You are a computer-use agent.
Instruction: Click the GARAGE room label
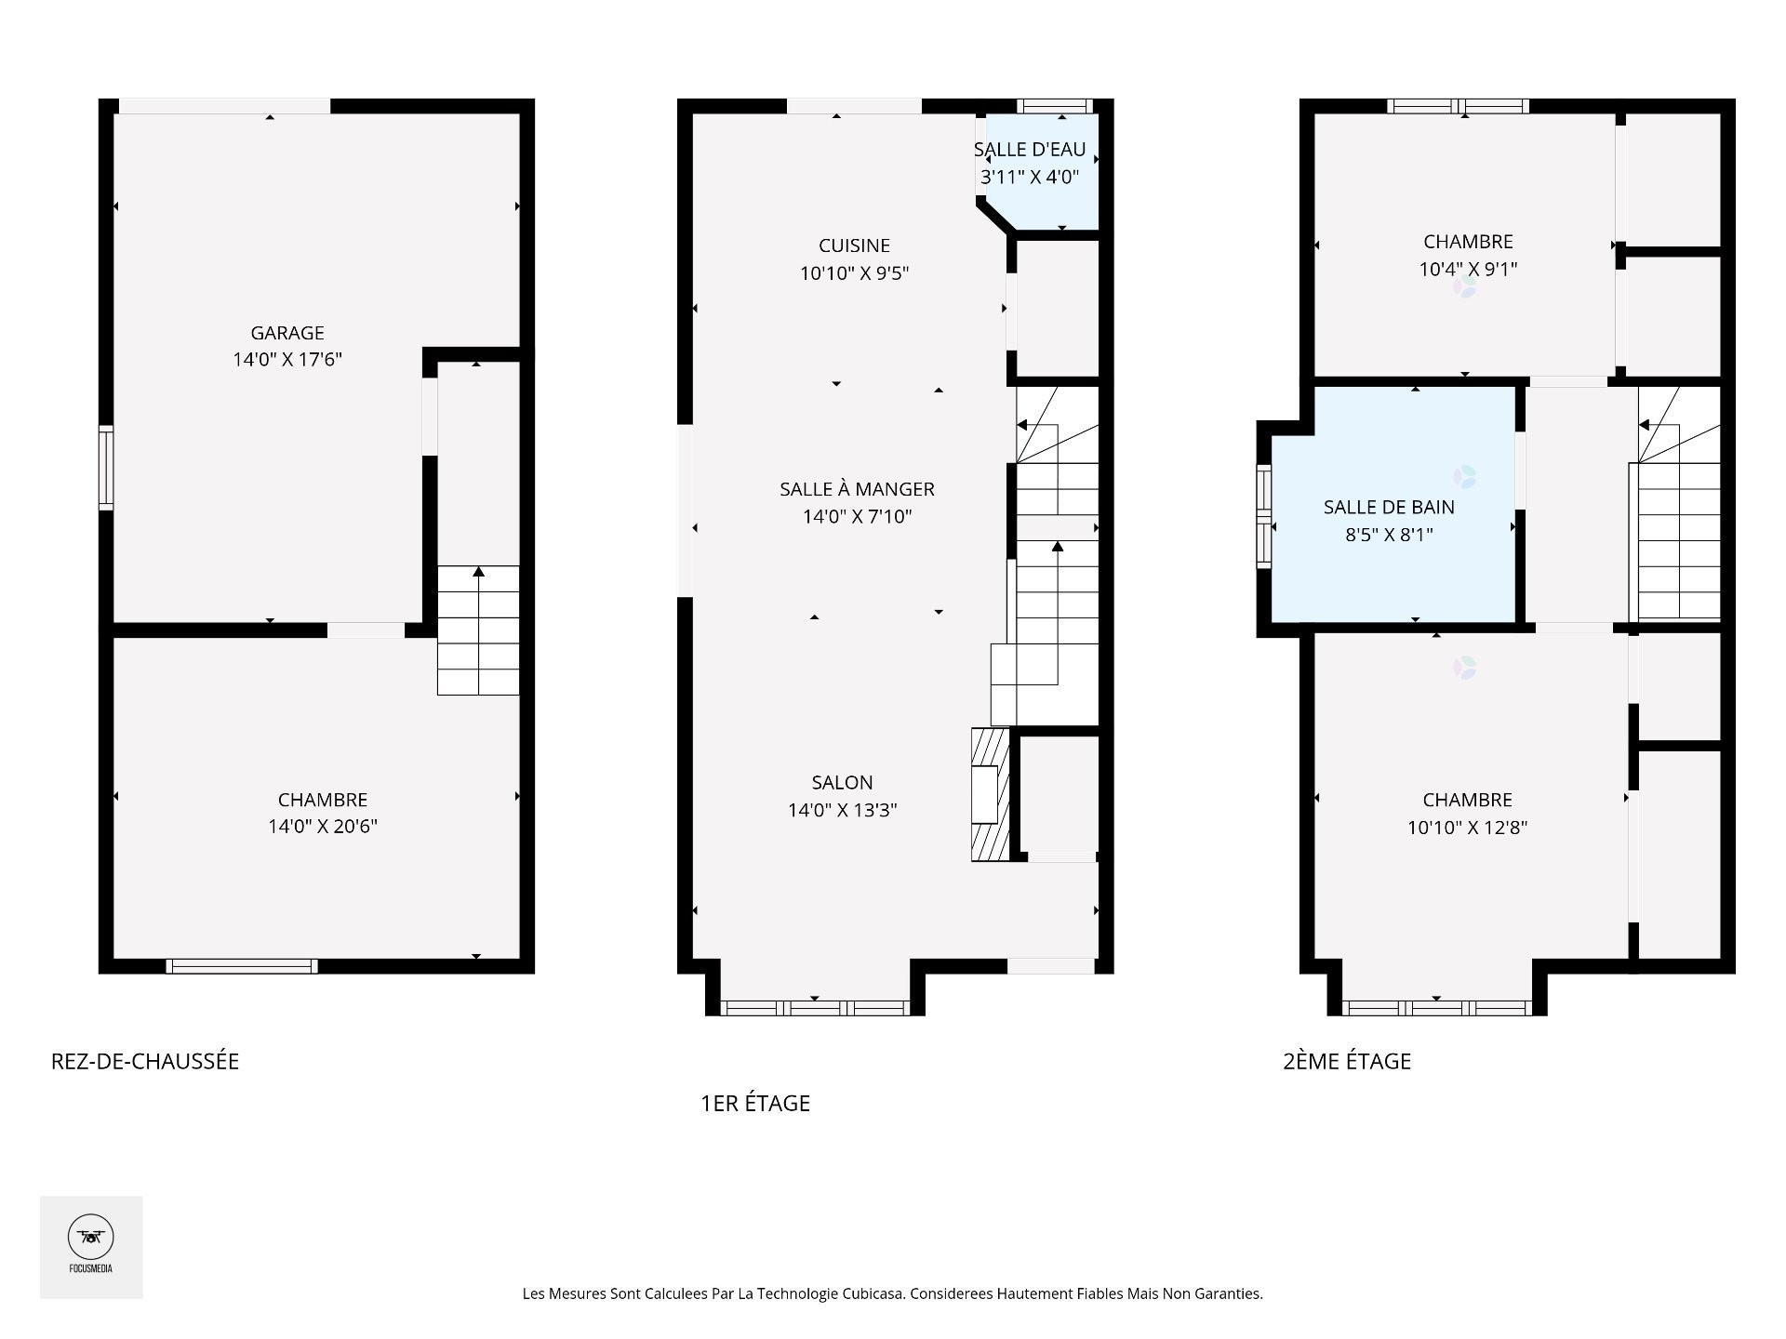287,333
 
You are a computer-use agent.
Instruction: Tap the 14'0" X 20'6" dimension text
323,827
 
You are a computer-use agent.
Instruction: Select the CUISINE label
854,245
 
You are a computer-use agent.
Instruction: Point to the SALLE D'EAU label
1030,150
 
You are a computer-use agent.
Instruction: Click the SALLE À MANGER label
857,489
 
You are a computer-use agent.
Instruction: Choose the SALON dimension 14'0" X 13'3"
842,810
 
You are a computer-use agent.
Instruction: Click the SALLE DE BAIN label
1389,508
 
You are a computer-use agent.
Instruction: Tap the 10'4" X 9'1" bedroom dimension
1468,270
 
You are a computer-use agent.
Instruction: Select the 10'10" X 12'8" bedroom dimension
1468,828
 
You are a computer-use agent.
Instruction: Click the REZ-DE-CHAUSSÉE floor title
145,1061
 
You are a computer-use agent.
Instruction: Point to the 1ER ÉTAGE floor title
755,1103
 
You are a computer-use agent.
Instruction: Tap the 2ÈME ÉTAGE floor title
1347,1061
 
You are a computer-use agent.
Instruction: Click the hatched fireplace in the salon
991,794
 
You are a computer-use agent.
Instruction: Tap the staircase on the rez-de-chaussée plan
478,630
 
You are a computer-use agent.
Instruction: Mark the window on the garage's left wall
107,468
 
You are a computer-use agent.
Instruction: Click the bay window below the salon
815,1008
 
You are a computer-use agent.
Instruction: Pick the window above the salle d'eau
1054,106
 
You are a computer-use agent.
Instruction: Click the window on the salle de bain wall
1264,516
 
